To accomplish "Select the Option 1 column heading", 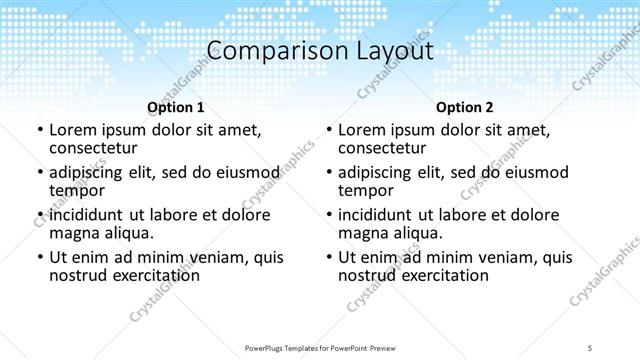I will [x=175, y=106].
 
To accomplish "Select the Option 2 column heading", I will [x=465, y=106].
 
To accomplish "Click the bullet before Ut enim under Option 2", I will [x=328, y=257].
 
